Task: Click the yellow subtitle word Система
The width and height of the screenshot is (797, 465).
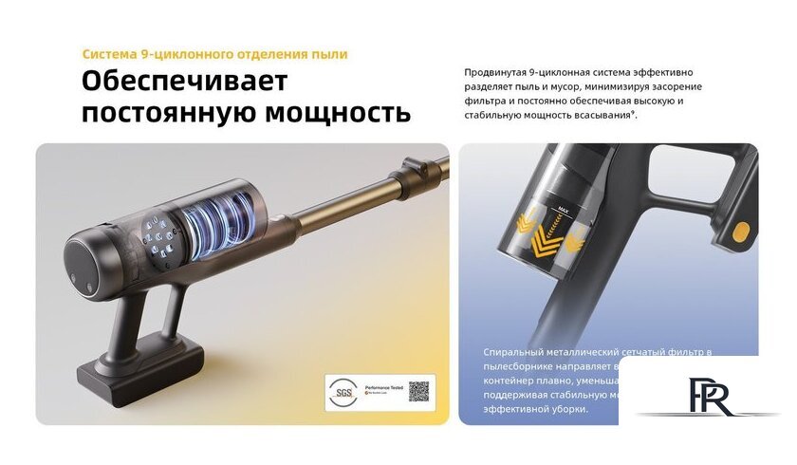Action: click(108, 54)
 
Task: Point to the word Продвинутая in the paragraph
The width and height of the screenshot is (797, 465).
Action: click(499, 72)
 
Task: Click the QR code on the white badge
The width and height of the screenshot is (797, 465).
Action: click(418, 390)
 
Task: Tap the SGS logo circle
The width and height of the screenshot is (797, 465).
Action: click(340, 390)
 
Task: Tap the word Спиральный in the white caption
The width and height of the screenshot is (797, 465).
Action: click(516, 352)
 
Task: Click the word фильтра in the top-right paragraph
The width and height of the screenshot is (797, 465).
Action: click(487, 101)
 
